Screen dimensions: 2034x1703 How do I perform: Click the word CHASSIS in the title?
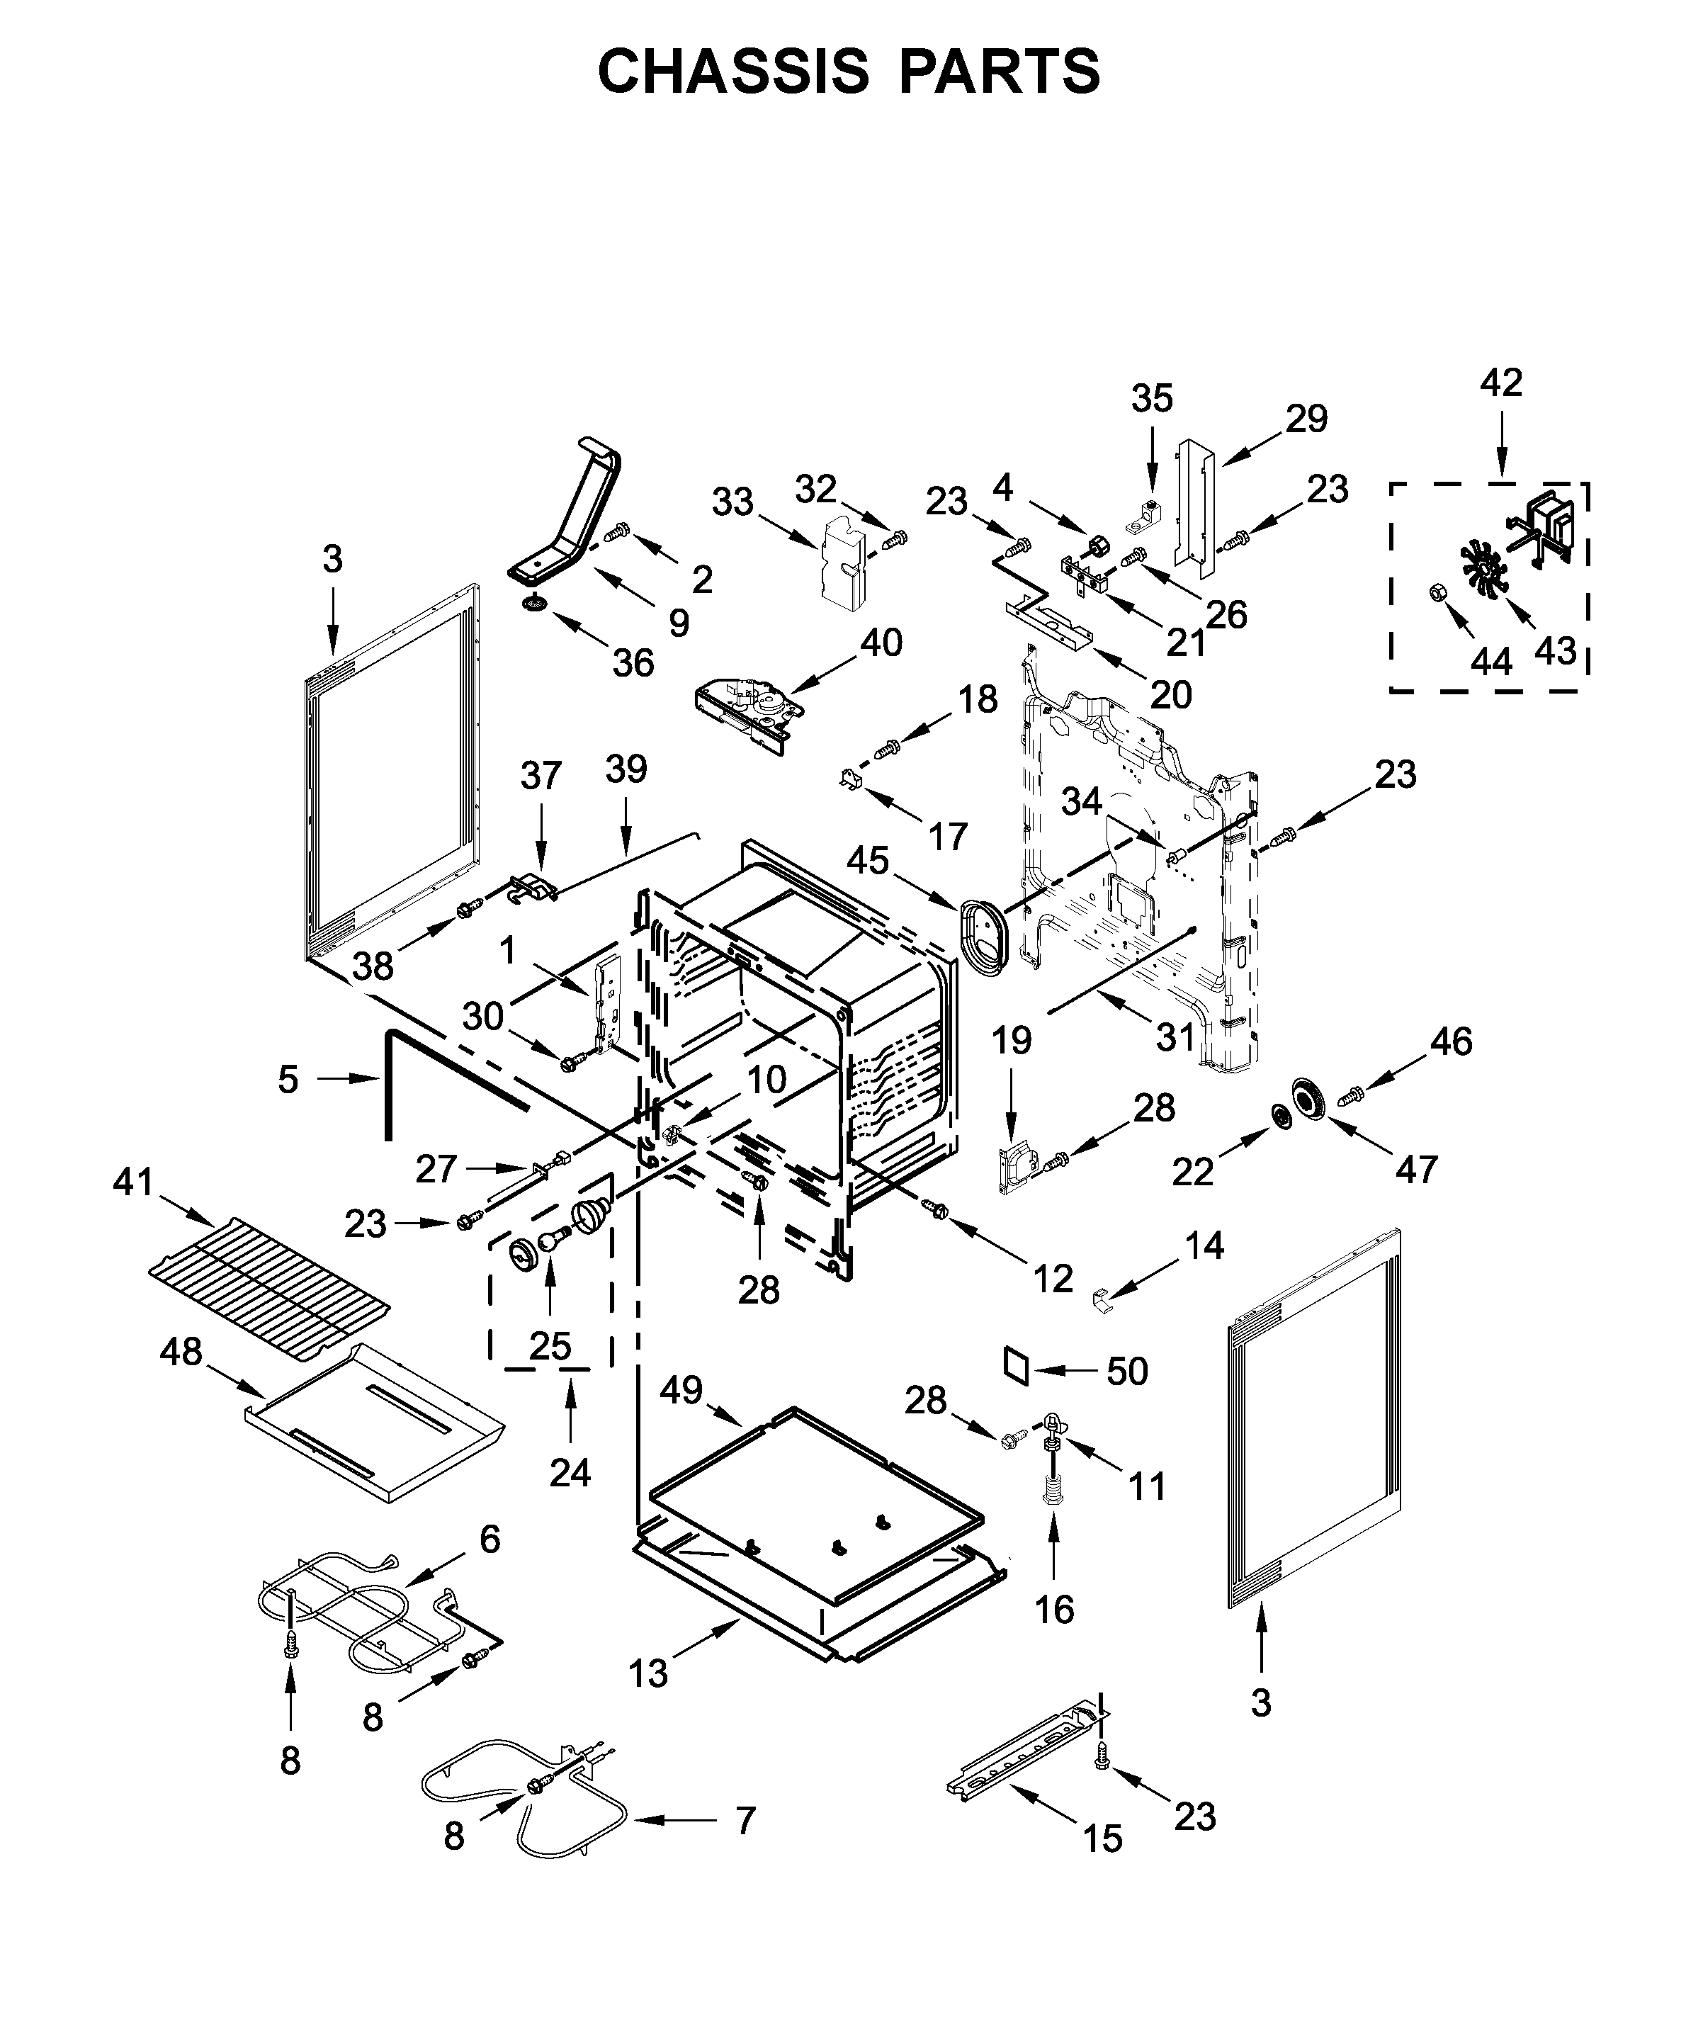click(733, 72)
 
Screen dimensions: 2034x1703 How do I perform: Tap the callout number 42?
click(1500, 383)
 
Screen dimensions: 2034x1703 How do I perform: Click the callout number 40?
click(881, 642)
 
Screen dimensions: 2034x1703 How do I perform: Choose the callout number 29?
click(1306, 419)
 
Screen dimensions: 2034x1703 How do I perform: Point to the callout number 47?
click(1415, 1169)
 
